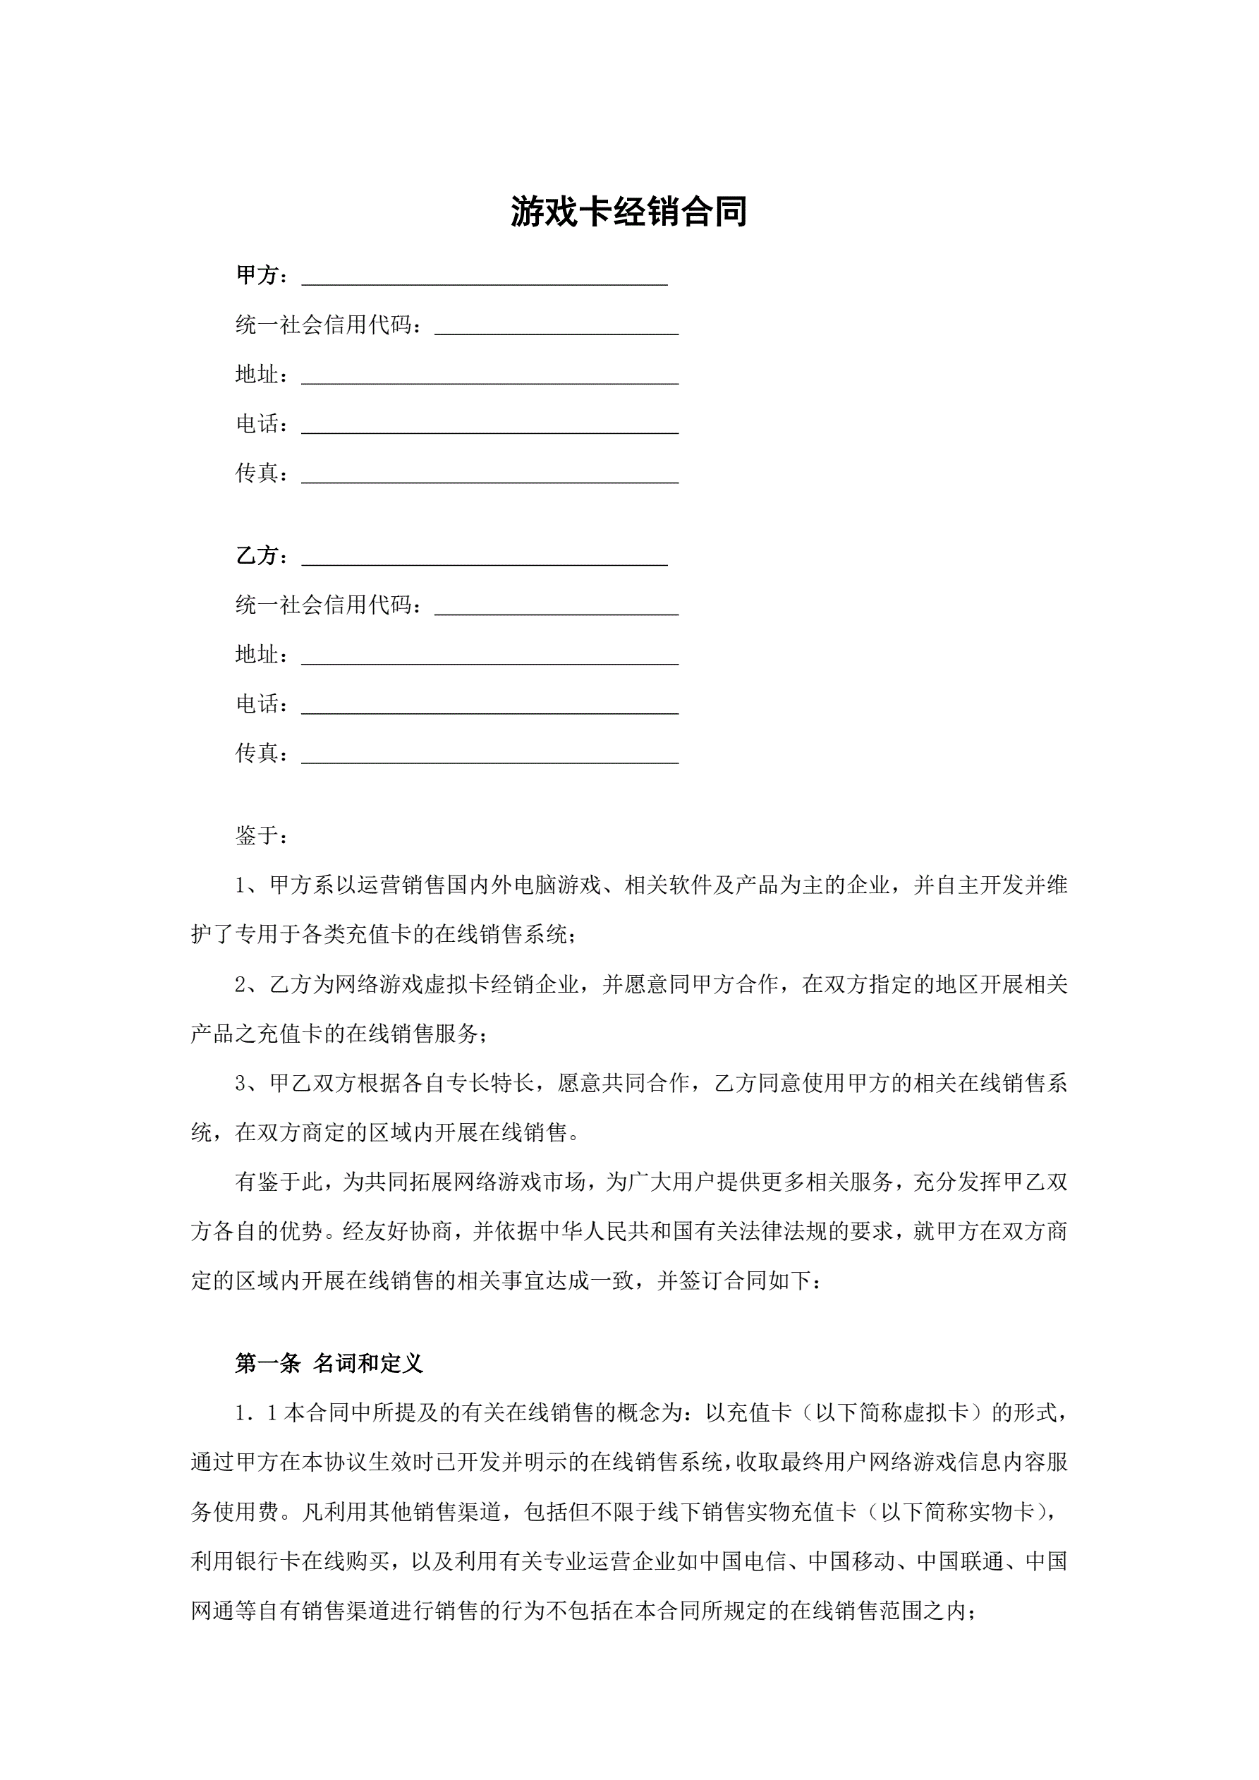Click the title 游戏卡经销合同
click(628, 211)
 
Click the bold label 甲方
click(257, 275)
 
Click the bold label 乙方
click(257, 555)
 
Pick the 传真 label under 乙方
click(257, 753)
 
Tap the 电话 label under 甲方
click(257, 423)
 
